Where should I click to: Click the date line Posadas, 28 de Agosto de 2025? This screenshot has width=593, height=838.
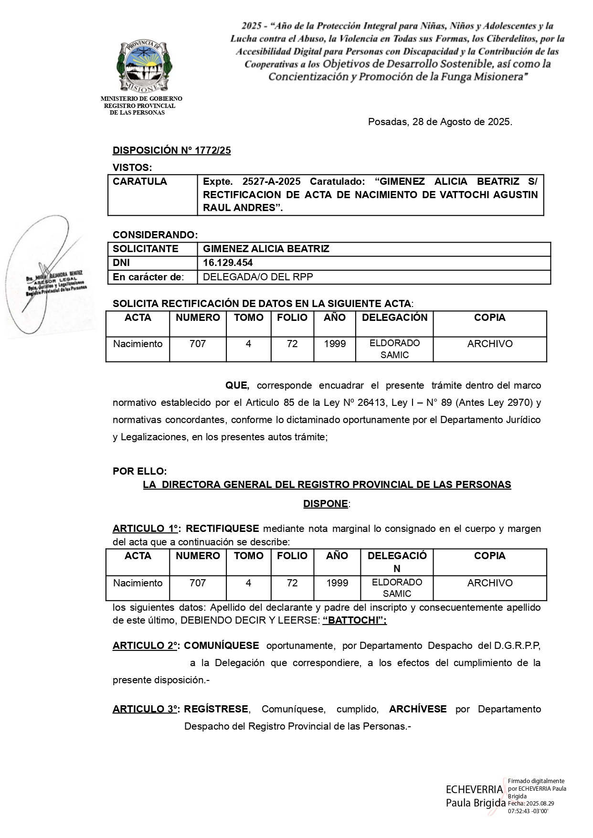(x=440, y=122)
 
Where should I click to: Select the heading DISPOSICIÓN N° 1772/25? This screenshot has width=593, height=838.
(x=171, y=150)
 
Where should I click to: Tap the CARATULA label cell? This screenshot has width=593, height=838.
(x=140, y=181)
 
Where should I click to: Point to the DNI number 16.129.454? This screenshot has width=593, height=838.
(x=228, y=263)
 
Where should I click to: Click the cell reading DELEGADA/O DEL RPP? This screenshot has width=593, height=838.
(x=258, y=277)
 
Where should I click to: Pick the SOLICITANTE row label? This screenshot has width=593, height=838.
(x=145, y=249)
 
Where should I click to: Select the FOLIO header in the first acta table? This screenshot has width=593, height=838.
(x=292, y=318)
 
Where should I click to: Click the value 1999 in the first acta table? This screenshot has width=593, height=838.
(x=335, y=344)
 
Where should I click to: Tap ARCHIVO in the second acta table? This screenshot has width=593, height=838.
(x=490, y=583)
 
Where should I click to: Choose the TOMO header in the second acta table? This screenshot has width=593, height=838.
(x=248, y=556)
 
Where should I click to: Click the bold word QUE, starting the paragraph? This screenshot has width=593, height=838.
(x=237, y=385)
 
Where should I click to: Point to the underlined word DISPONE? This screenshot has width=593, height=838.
(x=326, y=504)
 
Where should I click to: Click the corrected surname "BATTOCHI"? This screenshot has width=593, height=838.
(x=354, y=620)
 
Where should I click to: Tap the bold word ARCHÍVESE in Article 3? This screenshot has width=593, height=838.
(x=418, y=709)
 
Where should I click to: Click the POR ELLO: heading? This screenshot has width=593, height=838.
(x=139, y=471)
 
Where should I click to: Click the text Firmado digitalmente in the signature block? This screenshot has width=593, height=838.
(x=536, y=781)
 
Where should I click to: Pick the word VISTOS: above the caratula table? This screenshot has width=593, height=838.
(x=132, y=168)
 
